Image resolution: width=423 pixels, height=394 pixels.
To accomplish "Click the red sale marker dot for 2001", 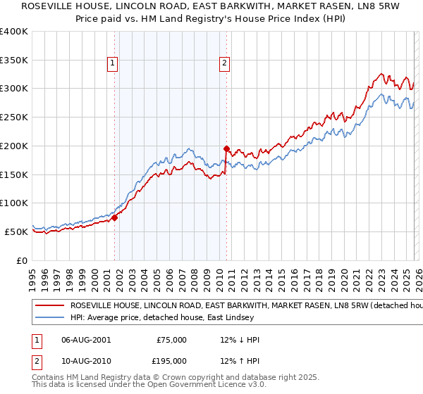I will pyautogui.click(x=114, y=217).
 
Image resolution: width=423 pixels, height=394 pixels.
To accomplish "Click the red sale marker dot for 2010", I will pyautogui.click(x=226, y=148).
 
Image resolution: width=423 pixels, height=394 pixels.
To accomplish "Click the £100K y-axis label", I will pyautogui.click(x=14, y=203).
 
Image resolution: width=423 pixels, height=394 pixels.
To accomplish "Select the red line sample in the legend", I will pyautogui.click(x=49, y=306).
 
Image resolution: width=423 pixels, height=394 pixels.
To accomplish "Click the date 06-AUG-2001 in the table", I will pyautogui.click(x=86, y=340).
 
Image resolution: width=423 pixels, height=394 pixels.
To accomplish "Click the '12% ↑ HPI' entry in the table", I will pyautogui.click(x=240, y=360).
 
